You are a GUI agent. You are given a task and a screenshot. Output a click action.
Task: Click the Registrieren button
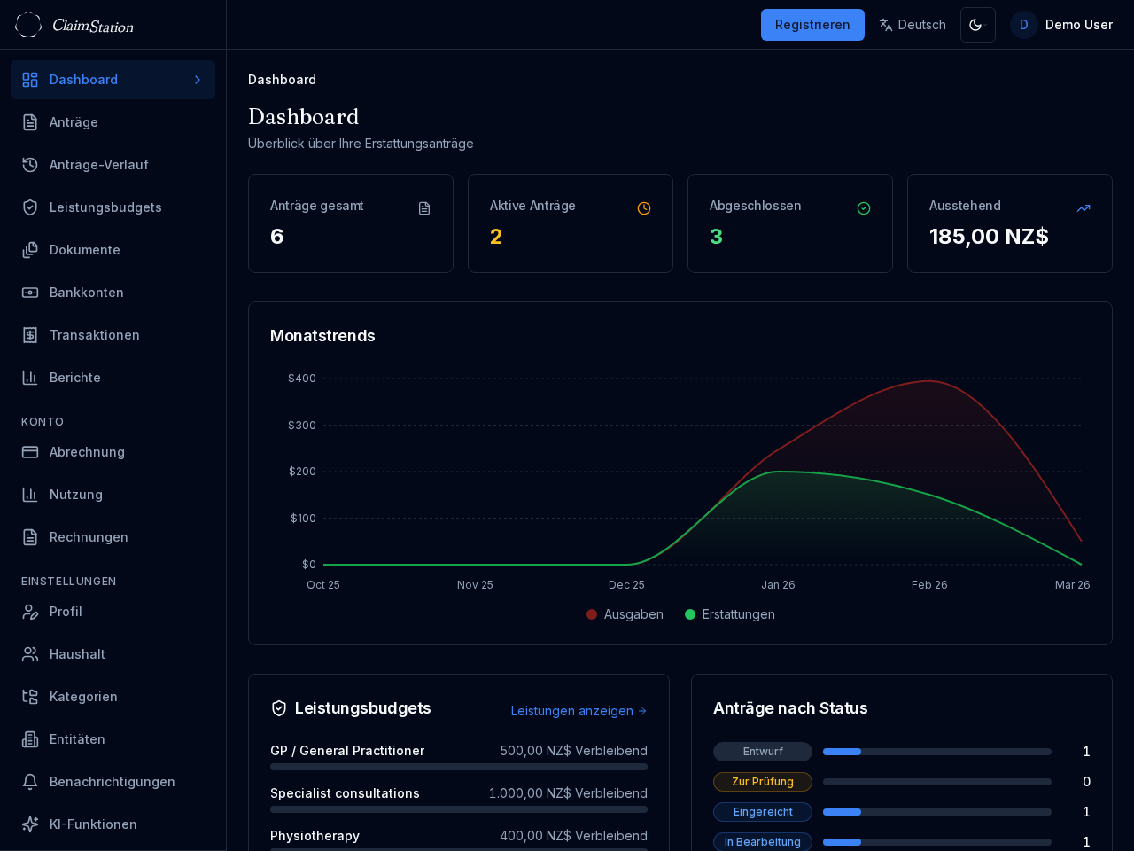click(x=812, y=25)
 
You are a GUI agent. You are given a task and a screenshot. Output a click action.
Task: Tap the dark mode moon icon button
click(x=977, y=25)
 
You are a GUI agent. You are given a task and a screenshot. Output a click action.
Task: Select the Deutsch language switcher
click(x=912, y=25)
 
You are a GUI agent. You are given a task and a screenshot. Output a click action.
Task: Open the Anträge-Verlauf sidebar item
click(x=98, y=165)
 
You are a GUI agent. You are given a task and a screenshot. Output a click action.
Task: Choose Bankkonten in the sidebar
click(x=86, y=293)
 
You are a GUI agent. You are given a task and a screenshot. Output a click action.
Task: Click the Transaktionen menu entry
click(x=94, y=335)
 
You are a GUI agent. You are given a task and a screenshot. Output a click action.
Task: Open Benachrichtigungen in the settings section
click(x=112, y=782)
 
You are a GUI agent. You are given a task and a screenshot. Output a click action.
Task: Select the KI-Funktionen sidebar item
click(x=93, y=824)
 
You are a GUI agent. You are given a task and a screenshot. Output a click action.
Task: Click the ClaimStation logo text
click(x=92, y=26)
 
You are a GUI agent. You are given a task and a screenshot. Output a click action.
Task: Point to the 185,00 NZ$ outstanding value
click(x=989, y=237)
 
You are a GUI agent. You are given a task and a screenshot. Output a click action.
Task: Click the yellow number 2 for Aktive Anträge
click(x=496, y=237)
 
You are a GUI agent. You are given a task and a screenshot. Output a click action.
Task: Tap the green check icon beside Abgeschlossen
click(x=863, y=208)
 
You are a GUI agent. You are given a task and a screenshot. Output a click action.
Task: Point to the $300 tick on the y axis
click(x=302, y=425)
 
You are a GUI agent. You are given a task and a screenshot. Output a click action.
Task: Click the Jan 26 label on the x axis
click(x=778, y=585)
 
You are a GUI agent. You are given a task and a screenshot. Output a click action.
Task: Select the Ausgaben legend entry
click(x=625, y=614)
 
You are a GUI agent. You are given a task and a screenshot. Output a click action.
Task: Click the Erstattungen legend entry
click(x=730, y=614)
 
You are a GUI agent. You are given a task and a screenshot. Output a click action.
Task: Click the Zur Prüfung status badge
click(x=762, y=782)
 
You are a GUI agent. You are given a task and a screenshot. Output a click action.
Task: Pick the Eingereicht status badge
click(x=762, y=812)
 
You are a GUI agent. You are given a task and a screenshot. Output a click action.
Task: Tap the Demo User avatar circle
click(x=1023, y=25)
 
